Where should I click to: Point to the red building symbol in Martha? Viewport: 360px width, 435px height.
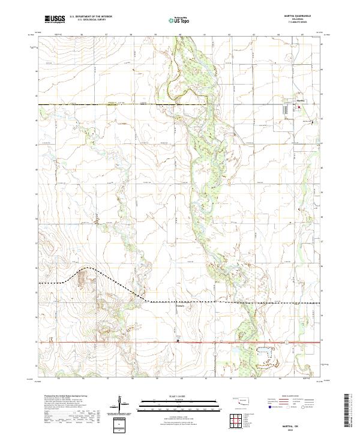(298, 107)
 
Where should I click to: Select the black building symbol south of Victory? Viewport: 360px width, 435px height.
(178, 341)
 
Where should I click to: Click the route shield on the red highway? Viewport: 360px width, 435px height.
(287, 342)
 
